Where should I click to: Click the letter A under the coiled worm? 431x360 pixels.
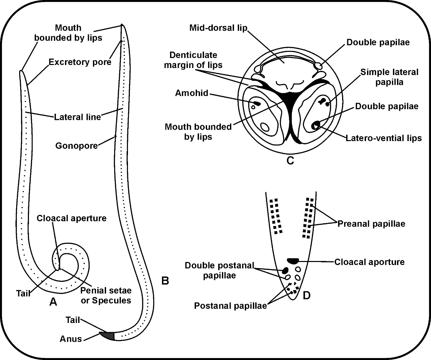53,302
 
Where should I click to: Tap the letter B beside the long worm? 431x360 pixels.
165,280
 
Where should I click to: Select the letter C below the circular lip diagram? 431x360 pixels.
290,161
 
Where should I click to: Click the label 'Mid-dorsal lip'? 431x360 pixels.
219,27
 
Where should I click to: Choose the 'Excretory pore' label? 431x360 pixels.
80,62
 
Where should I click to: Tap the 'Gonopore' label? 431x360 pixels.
76,145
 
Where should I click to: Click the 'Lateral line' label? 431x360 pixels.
77,117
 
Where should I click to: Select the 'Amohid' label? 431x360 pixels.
192,93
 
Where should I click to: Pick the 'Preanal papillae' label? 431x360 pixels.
371,224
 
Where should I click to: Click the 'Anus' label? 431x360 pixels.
71,338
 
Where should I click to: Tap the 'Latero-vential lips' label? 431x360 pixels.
384,138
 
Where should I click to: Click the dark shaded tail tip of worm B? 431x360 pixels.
108,335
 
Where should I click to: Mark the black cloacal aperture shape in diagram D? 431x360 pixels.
293,260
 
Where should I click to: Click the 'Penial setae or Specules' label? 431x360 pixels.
106,295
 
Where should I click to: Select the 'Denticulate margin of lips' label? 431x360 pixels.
193,60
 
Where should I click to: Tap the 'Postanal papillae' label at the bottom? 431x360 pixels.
230,306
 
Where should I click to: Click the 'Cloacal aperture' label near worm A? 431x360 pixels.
71,218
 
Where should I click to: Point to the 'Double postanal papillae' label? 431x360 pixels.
219,270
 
